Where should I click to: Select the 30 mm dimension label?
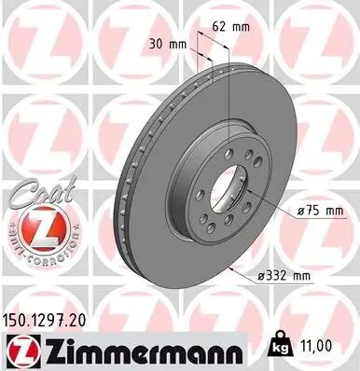(166, 43)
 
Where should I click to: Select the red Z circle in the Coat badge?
(35, 227)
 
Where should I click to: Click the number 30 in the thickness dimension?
(157, 43)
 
